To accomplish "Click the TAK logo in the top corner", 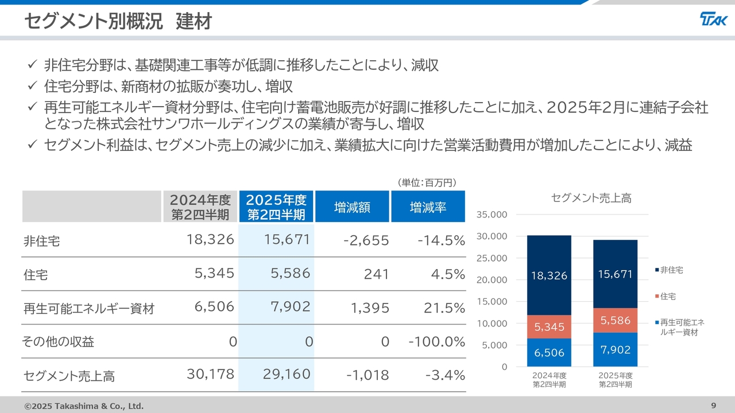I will click(x=713, y=20).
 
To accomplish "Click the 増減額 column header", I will click(x=352, y=206).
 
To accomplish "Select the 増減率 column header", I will click(x=428, y=206).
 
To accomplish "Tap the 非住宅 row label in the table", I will click(x=41, y=241).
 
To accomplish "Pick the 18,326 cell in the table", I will click(x=210, y=240).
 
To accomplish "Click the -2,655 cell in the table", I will click(x=366, y=240).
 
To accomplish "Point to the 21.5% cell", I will click(x=444, y=308).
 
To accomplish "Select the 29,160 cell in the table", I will click(x=287, y=375).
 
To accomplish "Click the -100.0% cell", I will click(x=436, y=342).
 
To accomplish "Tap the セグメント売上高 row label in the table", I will click(x=69, y=376).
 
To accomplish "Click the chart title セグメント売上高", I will click(x=591, y=198).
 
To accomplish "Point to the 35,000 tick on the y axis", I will click(x=492, y=215).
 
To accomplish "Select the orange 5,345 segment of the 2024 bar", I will click(x=550, y=327).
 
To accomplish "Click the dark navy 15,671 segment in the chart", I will click(x=615, y=275).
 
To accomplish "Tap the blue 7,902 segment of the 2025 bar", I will click(x=615, y=349).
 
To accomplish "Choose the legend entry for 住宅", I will click(x=668, y=297).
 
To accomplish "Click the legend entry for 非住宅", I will click(x=671, y=270).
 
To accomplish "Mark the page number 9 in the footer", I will click(x=713, y=406).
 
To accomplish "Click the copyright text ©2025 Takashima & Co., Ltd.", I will click(x=84, y=406).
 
